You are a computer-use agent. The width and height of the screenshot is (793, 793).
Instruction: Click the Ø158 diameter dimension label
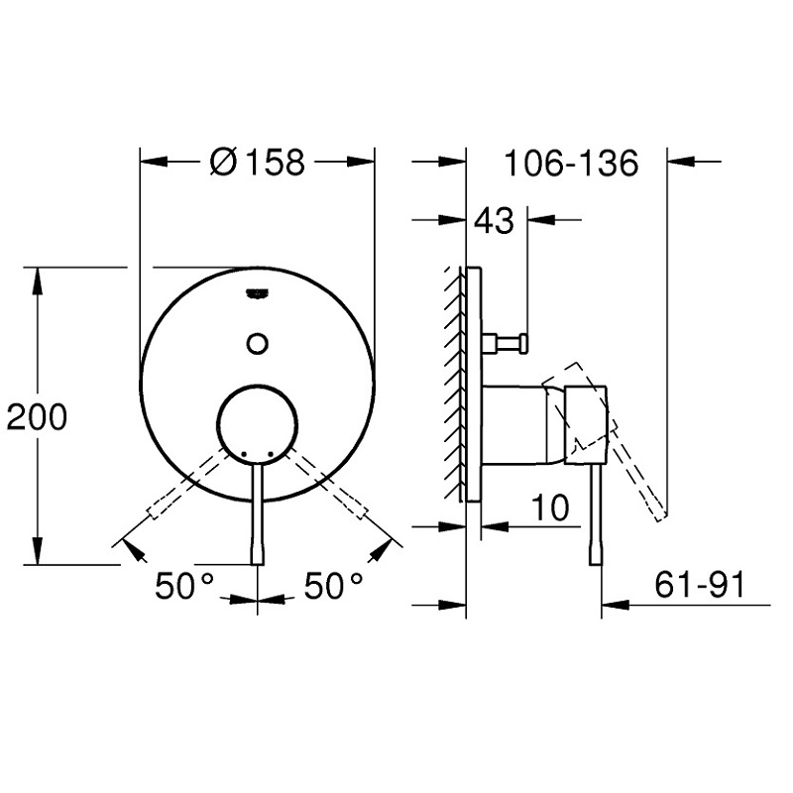tap(258, 163)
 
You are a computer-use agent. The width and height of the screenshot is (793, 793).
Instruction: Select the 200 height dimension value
tap(37, 416)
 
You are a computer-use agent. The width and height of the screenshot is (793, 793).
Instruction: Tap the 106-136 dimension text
tap(572, 163)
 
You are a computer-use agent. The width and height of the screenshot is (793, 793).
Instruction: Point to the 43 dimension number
tap(494, 220)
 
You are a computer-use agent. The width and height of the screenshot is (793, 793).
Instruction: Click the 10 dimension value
tap(550, 508)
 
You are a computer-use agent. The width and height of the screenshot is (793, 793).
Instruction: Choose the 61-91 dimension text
tap(700, 585)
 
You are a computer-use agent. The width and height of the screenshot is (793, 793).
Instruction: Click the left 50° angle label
tap(184, 586)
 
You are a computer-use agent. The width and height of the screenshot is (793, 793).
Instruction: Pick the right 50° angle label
tap(333, 586)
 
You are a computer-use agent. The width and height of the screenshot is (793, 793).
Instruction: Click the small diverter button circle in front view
tap(258, 343)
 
